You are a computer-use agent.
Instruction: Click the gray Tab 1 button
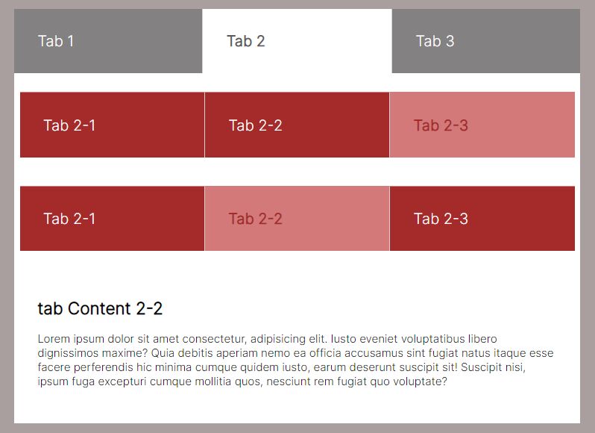[x=108, y=41]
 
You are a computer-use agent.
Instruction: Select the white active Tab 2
[x=297, y=41]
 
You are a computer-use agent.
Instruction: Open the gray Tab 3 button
[x=486, y=41]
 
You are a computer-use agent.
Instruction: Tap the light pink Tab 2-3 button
[x=482, y=125]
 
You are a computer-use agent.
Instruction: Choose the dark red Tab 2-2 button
[x=297, y=125]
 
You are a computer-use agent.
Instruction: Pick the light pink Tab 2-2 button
[x=297, y=219]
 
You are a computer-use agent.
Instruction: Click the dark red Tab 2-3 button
[x=482, y=219]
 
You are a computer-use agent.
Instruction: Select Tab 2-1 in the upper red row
[x=113, y=125]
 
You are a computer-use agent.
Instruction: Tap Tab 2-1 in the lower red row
[x=113, y=219]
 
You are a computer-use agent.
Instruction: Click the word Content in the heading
[x=100, y=308]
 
